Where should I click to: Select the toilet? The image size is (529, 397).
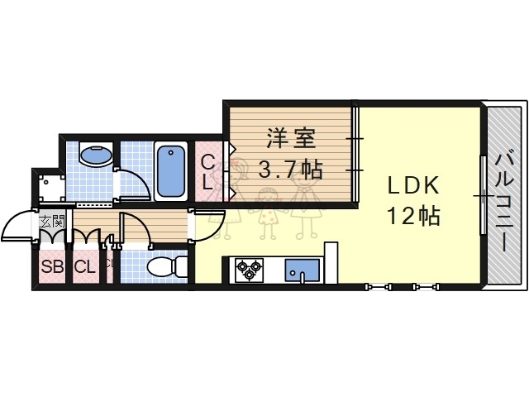pos(166,265)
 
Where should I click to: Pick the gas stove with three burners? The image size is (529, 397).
pos(248,268)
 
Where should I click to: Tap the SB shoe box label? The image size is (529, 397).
pos(53,266)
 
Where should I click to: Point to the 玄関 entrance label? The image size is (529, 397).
pos(52,222)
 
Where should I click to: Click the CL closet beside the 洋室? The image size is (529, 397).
pos(208,171)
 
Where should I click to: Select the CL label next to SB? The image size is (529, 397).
pos(83,266)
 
